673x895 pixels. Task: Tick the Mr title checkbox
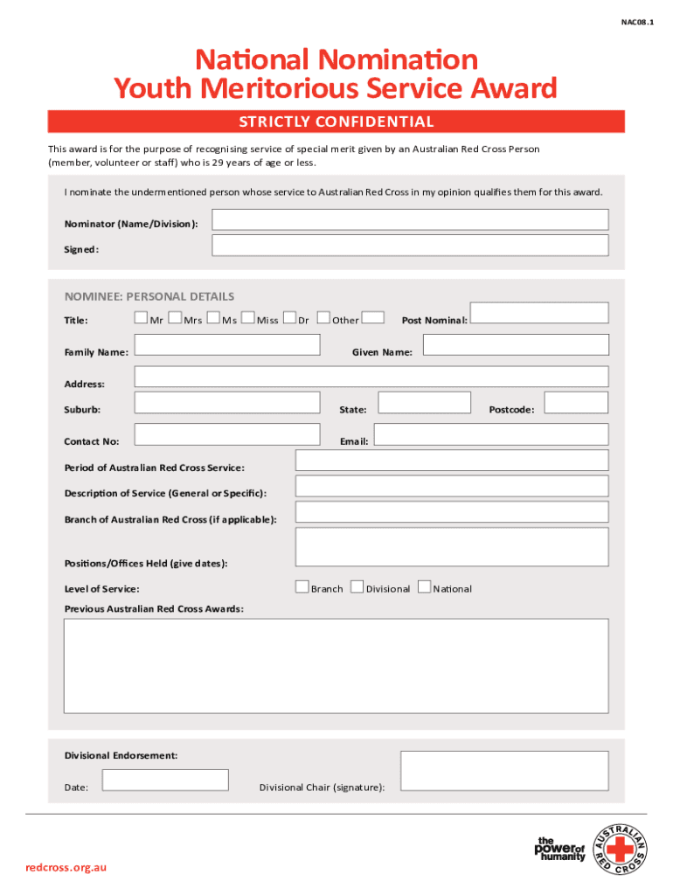tap(141, 318)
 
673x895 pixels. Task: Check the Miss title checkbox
tap(248, 318)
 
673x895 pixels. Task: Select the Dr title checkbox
tap(290, 318)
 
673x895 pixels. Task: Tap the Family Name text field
tap(227, 345)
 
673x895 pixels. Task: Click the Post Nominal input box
tap(538, 313)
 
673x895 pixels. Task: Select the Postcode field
tap(575, 403)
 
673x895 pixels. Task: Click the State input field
tap(424, 403)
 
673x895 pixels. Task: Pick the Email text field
tap(490, 434)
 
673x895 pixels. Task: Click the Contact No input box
tap(227, 434)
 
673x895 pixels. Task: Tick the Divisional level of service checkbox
tap(357, 587)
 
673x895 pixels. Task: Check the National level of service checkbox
tap(425, 587)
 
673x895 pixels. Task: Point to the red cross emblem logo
tap(621, 850)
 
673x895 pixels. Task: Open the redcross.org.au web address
tap(66, 867)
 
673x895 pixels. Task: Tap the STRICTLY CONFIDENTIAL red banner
tap(336, 121)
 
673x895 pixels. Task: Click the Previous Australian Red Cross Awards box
tap(336, 665)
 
